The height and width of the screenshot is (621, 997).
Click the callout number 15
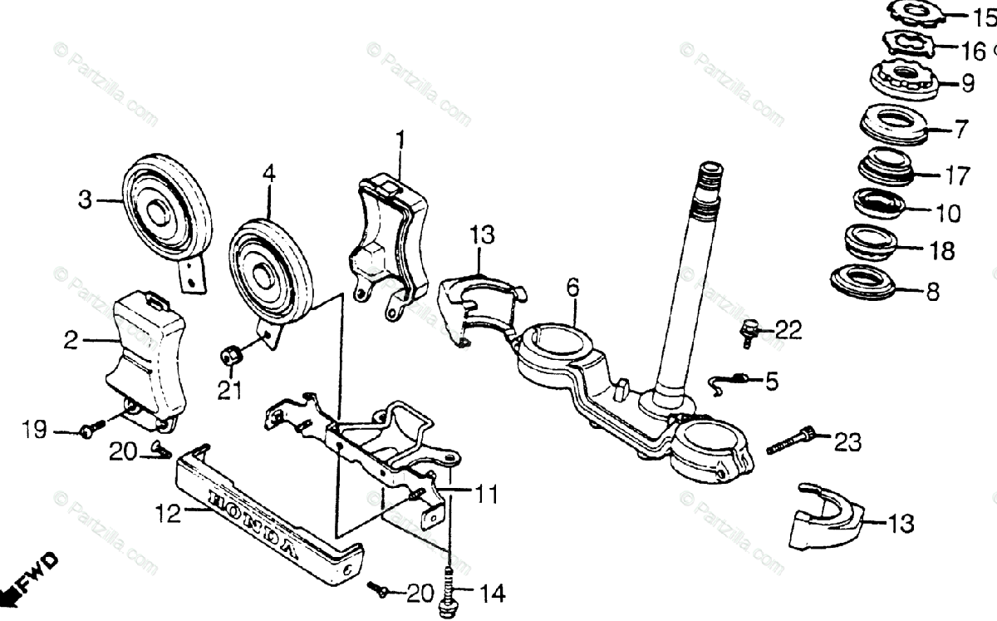click(x=984, y=17)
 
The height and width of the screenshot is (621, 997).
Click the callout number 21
click(x=230, y=389)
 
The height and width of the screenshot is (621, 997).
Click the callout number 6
click(x=572, y=289)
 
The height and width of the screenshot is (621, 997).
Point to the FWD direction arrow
click(x=33, y=582)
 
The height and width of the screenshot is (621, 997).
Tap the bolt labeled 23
click(x=790, y=440)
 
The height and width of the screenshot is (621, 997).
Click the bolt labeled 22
click(x=749, y=332)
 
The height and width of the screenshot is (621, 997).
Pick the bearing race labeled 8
click(x=865, y=280)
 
